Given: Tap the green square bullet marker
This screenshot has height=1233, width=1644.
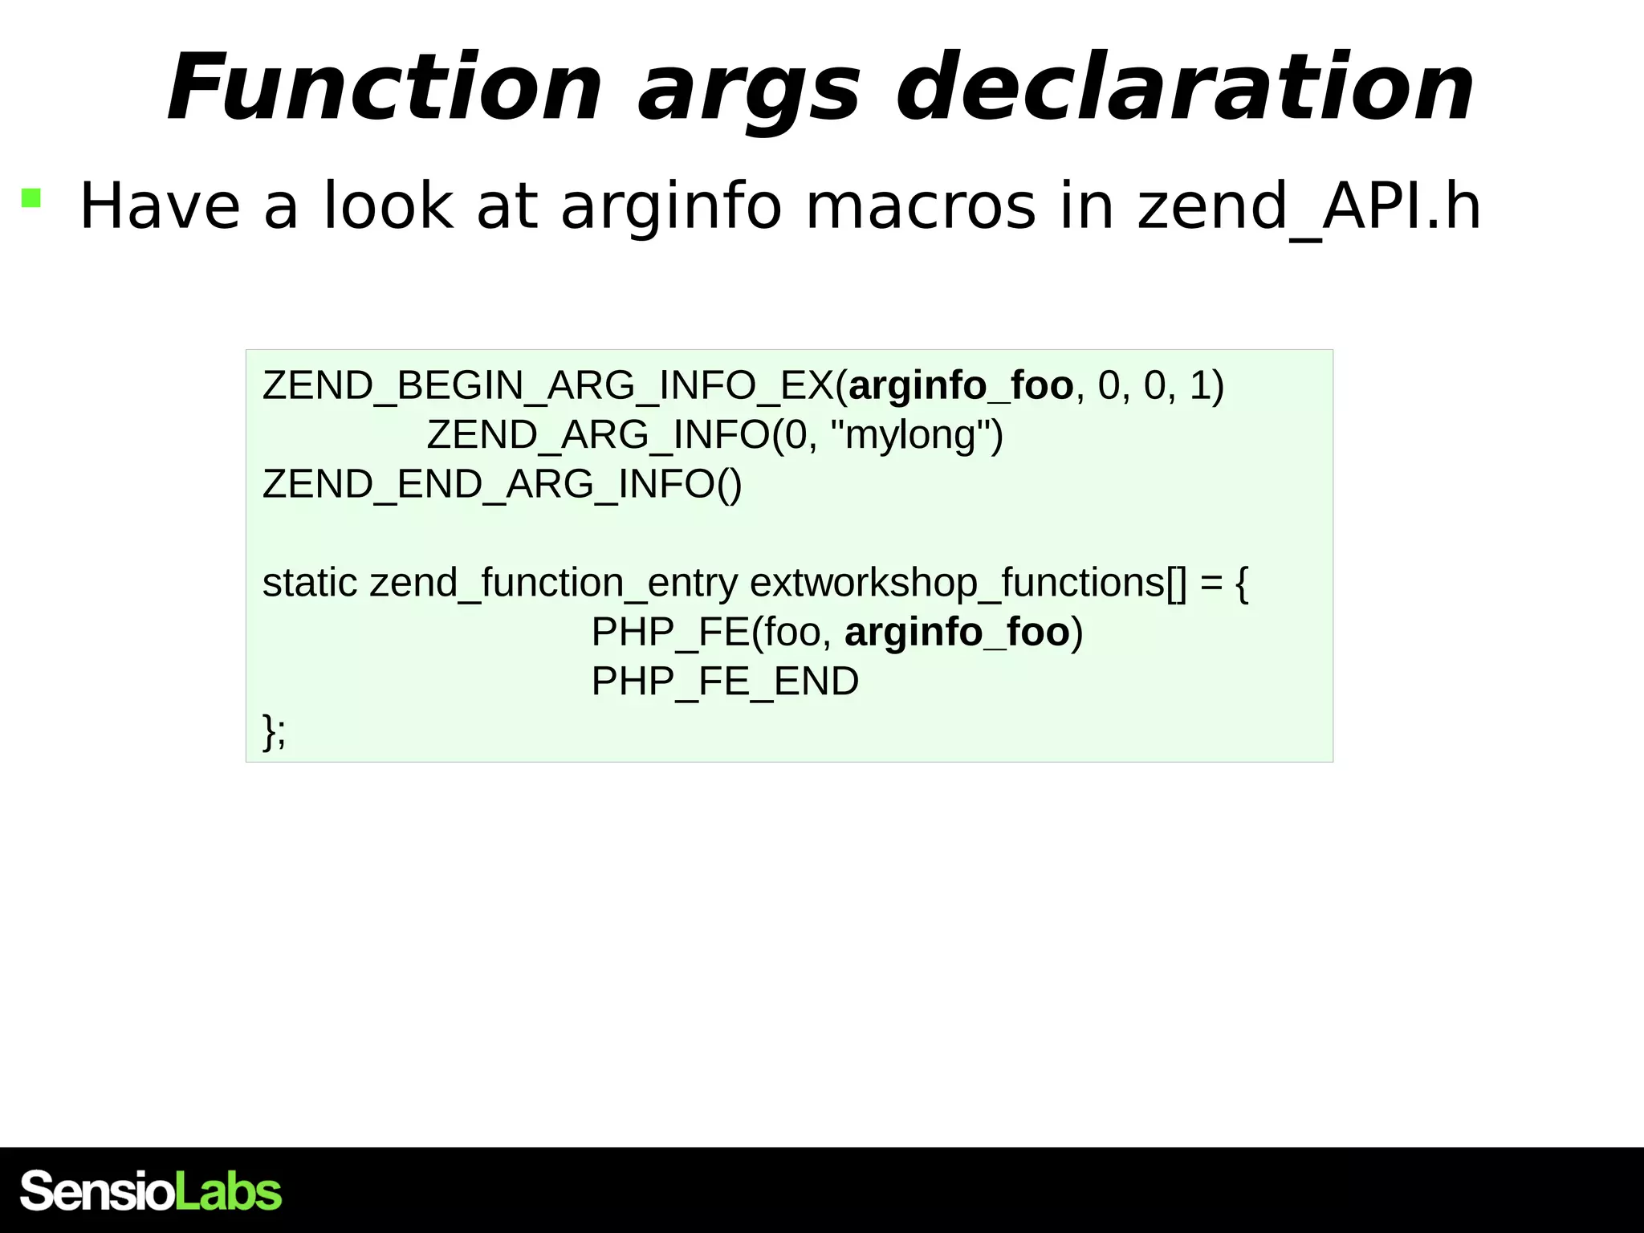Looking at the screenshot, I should click(31, 197).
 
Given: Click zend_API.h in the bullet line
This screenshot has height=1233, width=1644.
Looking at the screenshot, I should click(1308, 207).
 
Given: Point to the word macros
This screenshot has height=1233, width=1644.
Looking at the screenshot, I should click(920, 207).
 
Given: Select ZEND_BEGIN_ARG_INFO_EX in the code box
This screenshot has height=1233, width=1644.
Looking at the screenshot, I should click(547, 386).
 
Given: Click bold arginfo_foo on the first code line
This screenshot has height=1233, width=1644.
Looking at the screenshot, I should click(961, 386).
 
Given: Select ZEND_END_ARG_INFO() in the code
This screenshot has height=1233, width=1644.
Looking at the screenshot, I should click(502, 485).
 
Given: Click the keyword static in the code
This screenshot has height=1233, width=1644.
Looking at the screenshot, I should click(309, 583).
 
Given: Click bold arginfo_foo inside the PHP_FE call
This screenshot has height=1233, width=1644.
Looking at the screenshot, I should click(957, 633).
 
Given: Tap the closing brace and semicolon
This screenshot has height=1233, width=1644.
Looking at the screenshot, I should click(274, 731).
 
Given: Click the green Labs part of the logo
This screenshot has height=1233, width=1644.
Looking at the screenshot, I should click(228, 1191).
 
